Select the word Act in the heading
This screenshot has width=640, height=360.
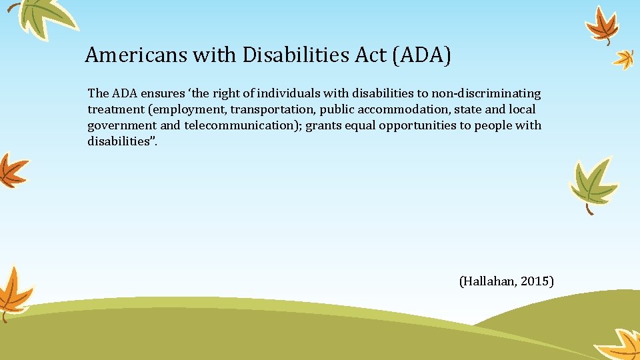(372, 55)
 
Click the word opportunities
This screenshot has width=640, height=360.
(412, 125)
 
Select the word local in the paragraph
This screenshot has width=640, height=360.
(522, 109)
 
